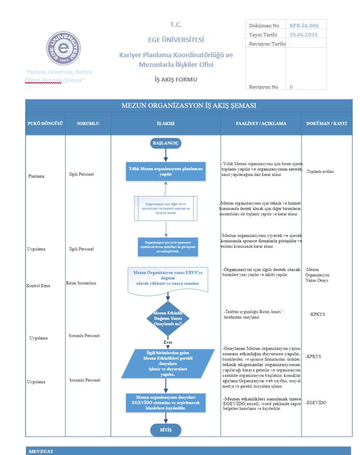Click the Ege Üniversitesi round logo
click(x=64, y=48)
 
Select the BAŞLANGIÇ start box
click(x=166, y=143)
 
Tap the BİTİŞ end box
click(x=166, y=430)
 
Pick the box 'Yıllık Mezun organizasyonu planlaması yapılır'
click(x=166, y=171)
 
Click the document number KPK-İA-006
click(x=304, y=25)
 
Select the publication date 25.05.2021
click(x=303, y=34)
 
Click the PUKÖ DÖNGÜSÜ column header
click(x=45, y=123)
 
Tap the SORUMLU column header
click(x=88, y=123)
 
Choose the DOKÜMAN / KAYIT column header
click(x=327, y=123)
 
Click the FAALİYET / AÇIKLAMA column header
click(x=261, y=123)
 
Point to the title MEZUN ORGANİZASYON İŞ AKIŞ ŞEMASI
click(x=188, y=106)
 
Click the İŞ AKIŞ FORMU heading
click(x=176, y=80)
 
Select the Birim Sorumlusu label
click(x=81, y=283)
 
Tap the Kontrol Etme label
click(x=38, y=286)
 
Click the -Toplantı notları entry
click(x=319, y=171)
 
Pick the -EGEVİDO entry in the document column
click(x=316, y=402)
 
